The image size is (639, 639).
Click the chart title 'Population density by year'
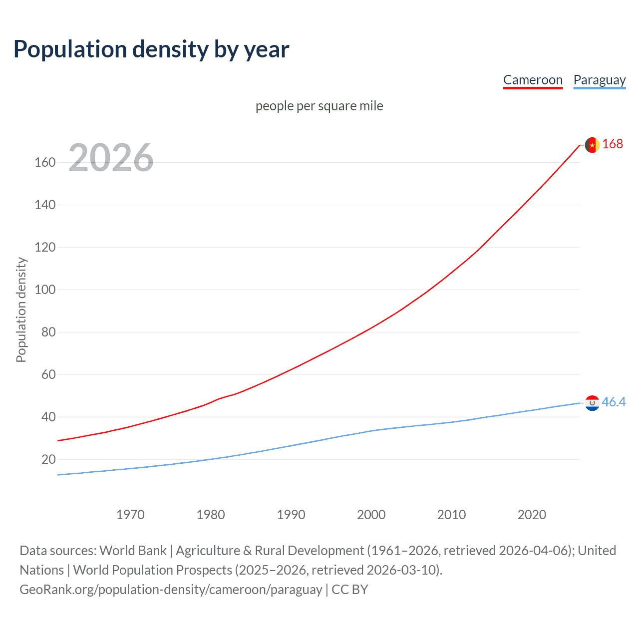click(x=151, y=49)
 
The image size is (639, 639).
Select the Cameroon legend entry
click(x=533, y=80)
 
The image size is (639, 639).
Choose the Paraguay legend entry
click(x=599, y=80)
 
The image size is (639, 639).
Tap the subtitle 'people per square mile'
click(x=319, y=106)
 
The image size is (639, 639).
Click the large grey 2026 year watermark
click(x=111, y=158)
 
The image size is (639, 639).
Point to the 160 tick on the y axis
click(x=45, y=162)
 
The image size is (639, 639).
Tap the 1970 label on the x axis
click(x=130, y=515)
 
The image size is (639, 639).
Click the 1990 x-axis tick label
click(x=291, y=515)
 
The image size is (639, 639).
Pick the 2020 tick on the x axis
click(x=532, y=515)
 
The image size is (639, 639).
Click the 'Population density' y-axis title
click(x=21, y=310)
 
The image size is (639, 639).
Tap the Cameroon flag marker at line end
click(x=592, y=145)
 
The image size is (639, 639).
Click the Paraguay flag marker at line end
click(x=592, y=403)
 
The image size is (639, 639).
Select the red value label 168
click(x=613, y=144)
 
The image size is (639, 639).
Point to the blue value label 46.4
click(x=614, y=402)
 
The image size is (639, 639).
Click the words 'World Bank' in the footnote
click(x=133, y=551)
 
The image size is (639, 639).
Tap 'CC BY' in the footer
click(x=350, y=590)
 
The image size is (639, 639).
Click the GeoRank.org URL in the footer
click(x=171, y=590)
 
